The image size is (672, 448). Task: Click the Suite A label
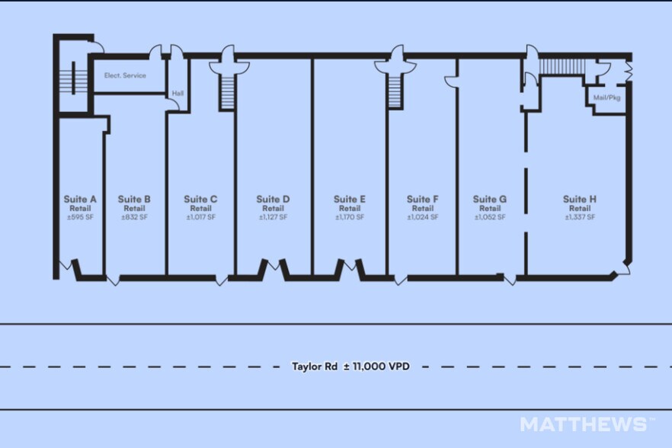(x=80, y=199)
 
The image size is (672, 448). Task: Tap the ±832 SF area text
(x=134, y=217)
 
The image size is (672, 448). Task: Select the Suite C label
(x=200, y=199)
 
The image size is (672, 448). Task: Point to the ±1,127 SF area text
(x=273, y=217)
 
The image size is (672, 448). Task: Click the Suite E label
(x=350, y=199)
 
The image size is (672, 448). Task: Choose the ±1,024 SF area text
(x=423, y=217)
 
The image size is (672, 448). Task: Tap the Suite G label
(x=490, y=199)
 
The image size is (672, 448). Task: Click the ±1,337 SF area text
(x=580, y=217)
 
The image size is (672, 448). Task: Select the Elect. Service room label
(x=125, y=75)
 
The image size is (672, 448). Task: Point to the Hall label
(x=178, y=93)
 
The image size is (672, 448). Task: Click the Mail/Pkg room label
(x=606, y=98)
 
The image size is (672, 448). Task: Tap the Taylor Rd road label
(x=315, y=366)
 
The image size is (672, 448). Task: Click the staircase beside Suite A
(x=74, y=78)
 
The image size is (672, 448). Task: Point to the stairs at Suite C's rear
(x=228, y=91)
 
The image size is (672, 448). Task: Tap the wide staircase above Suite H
(x=562, y=66)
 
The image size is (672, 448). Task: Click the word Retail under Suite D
(x=273, y=208)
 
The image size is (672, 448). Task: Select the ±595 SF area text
(x=80, y=217)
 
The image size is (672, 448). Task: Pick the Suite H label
(x=580, y=199)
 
